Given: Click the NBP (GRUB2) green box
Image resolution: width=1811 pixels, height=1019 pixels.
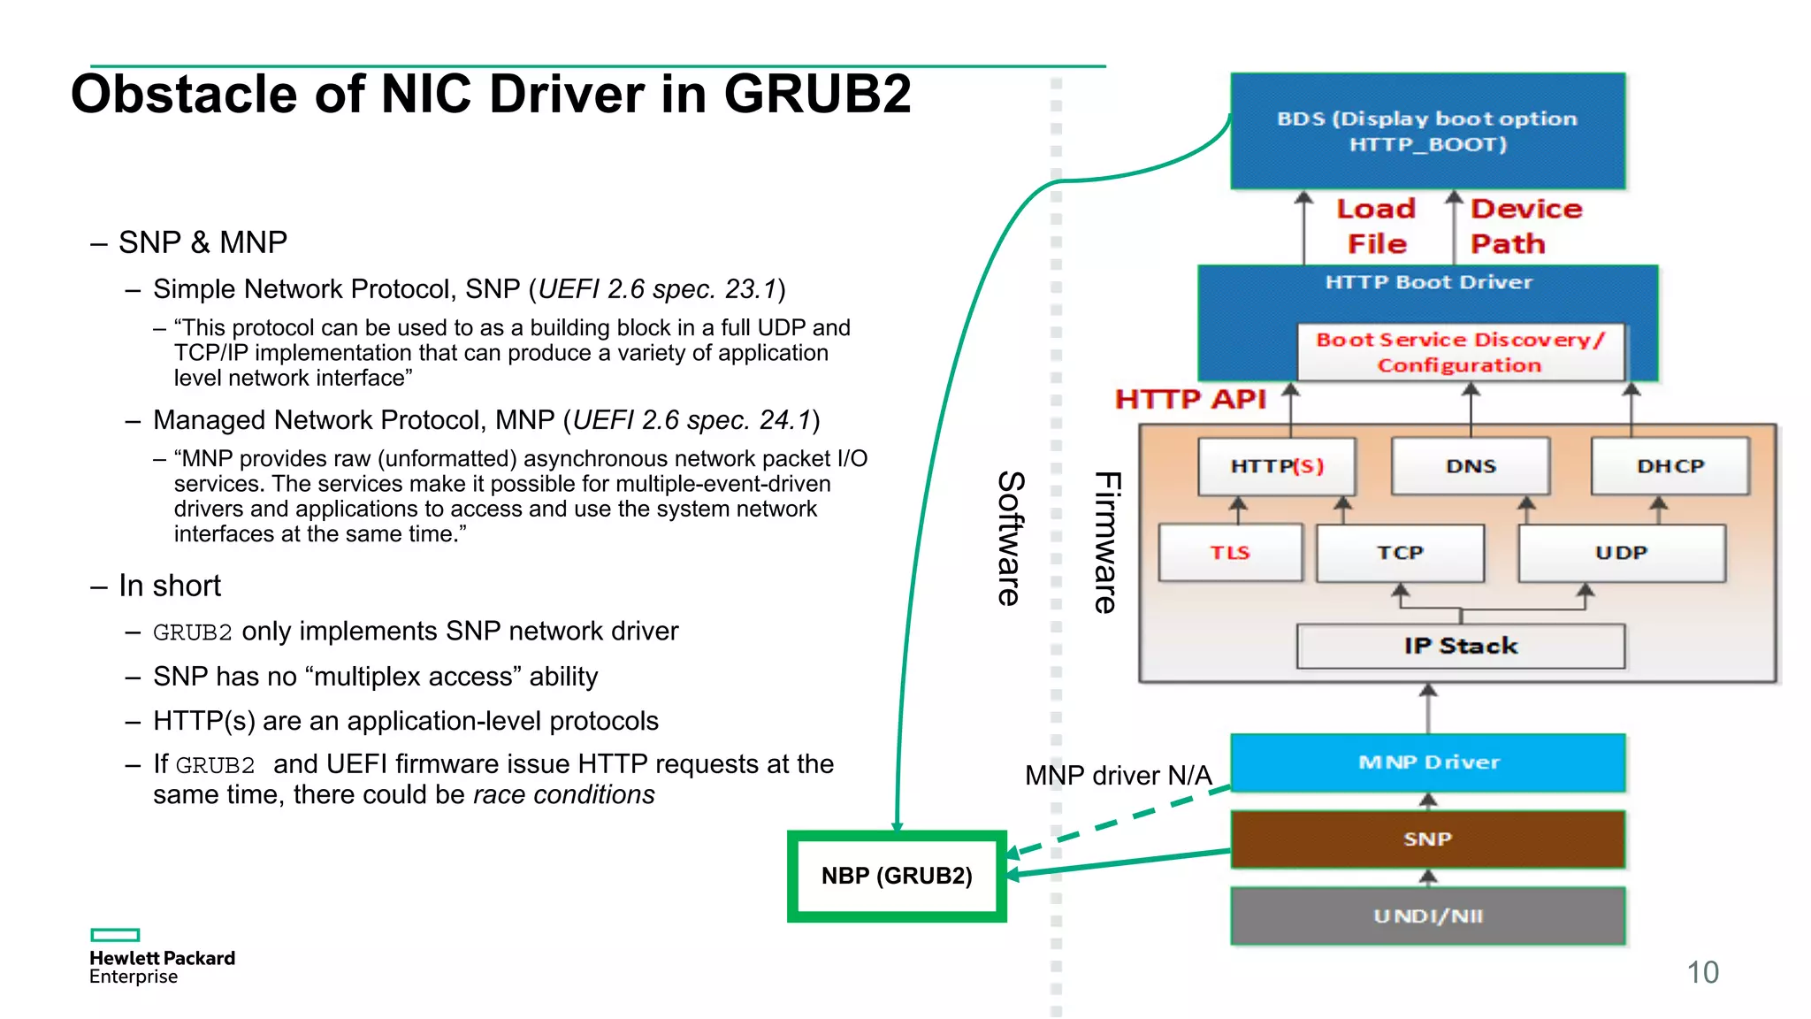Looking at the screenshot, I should click(x=897, y=876).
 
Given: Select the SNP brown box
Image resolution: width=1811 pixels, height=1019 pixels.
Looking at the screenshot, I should click(x=1427, y=839).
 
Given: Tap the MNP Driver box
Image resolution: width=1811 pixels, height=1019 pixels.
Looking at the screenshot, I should click(x=1427, y=762).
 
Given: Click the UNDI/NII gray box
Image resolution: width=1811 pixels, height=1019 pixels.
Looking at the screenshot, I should click(x=1427, y=916).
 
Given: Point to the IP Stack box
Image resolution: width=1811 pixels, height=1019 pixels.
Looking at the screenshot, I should click(x=1460, y=646).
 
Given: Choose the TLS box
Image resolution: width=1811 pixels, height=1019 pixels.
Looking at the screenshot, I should click(x=1230, y=553).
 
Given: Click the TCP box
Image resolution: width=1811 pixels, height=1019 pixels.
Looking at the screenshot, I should click(x=1400, y=553).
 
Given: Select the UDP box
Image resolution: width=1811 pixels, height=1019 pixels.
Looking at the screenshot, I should click(x=1621, y=553).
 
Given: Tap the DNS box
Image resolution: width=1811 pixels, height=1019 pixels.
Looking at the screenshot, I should click(x=1471, y=466).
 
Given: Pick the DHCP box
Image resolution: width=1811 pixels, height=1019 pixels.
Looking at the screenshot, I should click(x=1670, y=466).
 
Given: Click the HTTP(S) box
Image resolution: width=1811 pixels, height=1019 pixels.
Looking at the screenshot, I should click(x=1277, y=466).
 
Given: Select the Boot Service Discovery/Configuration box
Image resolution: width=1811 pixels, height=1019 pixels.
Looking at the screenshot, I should click(x=1460, y=352).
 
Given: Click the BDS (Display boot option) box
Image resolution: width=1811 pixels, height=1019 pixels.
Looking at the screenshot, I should click(x=1427, y=131).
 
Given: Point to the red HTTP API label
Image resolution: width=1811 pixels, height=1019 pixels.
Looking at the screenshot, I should click(x=1190, y=399).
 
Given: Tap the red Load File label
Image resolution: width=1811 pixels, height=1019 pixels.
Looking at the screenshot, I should click(x=1376, y=226).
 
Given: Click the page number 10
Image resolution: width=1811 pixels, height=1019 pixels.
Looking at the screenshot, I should click(x=1702, y=972).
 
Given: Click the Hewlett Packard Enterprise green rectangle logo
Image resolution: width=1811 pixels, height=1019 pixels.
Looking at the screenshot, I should click(x=115, y=935).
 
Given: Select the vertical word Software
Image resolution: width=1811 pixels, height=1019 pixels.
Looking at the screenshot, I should click(x=1010, y=537).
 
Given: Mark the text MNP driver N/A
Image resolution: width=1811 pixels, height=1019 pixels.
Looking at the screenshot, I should click(x=1118, y=776).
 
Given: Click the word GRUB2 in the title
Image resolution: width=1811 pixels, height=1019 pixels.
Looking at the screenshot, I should click(x=817, y=94).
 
